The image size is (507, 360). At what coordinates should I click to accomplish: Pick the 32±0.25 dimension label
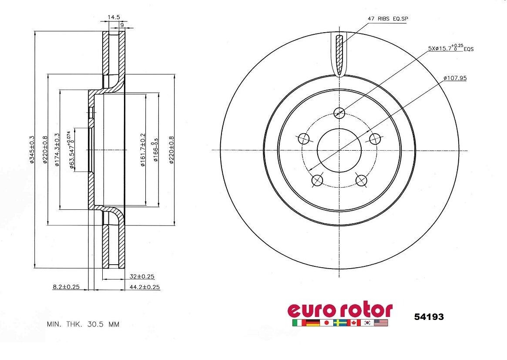(143, 276)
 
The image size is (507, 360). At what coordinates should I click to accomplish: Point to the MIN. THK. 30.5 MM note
(83, 324)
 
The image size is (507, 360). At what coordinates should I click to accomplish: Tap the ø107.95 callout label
(455, 78)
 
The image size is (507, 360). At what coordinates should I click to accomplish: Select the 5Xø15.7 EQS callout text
(450, 48)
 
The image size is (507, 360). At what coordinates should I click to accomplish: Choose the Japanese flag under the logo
(326, 323)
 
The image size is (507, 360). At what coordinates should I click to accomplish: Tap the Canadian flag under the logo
(353, 323)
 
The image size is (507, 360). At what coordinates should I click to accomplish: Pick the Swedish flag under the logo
(339, 323)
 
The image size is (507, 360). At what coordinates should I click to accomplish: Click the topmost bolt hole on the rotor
(339, 113)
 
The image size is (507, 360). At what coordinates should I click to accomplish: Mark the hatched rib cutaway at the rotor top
(340, 54)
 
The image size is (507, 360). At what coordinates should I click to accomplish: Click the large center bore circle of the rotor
(339, 150)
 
